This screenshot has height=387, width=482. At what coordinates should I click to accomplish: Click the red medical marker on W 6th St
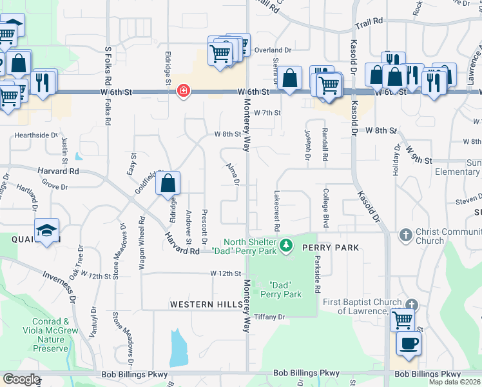point(184,91)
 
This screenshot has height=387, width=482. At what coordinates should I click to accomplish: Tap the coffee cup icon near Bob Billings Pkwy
point(408,342)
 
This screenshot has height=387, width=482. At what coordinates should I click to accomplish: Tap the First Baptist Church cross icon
point(412,303)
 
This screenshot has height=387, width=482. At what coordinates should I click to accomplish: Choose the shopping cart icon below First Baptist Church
point(403,319)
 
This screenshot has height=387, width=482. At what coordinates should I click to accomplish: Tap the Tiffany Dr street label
point(269,317)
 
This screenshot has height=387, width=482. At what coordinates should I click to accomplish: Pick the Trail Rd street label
point(369,22)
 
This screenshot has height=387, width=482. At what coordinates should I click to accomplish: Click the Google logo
point(21,379)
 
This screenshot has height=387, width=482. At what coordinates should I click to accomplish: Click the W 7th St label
point(267,112)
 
